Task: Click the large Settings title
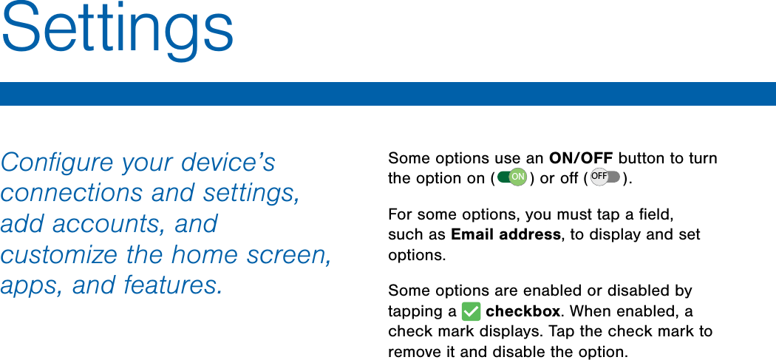tap(118, 31)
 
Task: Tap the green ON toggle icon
tap(512, 177)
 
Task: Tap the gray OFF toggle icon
tap(605, 177)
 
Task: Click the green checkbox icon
tap(471, 312)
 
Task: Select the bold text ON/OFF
tap(581, 158)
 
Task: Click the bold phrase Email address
tap(506, 234)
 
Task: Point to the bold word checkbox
tap(523, 311)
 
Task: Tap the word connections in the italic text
tap(72, 193)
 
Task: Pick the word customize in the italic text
tap(60, 254)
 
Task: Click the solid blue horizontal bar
tap(388, 94)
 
